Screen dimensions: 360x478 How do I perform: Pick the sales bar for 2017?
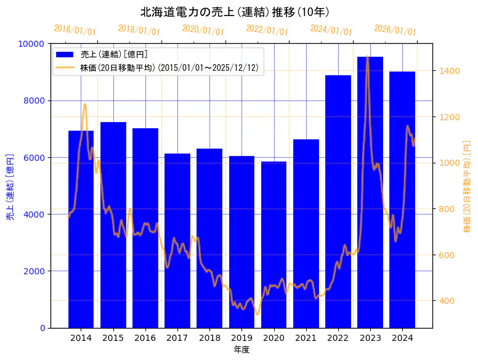[177, 240]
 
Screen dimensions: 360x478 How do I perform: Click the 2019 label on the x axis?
[241, 338]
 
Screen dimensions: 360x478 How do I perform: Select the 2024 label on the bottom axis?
[402, 338]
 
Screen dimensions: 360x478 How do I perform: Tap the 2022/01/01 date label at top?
[267, 30]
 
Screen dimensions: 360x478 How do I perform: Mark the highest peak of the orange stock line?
[368, 56]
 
